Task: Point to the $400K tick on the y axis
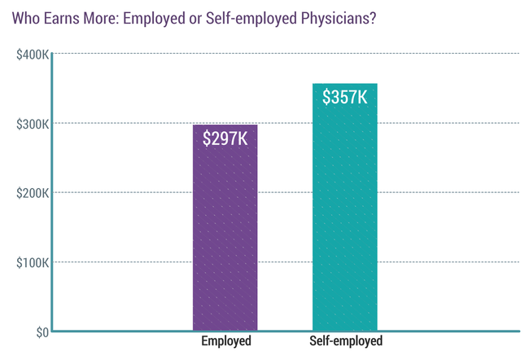coord(30,54)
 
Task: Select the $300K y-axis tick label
coord(30,124)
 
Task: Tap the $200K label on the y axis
coord(30,193)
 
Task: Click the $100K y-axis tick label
coord(30,262)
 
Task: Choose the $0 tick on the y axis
coord(38,331)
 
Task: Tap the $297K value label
coord(225,138)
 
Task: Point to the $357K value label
coord(344,98)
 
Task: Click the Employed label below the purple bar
coord(226,341)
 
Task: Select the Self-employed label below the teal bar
coord(345,341)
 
